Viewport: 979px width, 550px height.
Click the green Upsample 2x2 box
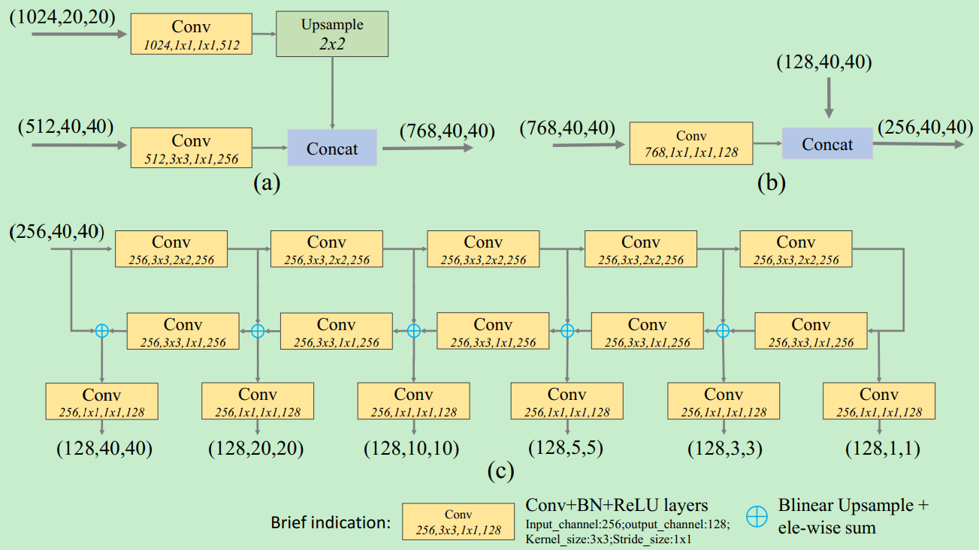tap(332, 35)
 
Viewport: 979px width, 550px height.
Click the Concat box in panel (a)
tap(332, 149)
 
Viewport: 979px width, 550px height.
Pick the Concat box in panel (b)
tap(827, 143)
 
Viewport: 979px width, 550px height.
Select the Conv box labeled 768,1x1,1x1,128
tap(690, 144)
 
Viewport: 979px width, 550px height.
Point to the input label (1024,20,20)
tap(62, 14)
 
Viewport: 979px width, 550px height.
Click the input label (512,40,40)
tap(66, 127)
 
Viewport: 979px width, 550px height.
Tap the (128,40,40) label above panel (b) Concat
tap(823, 63)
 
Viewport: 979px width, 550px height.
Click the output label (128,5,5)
tap(565, 449)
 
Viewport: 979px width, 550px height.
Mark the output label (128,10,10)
tap(412, 449)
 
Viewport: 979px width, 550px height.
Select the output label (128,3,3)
tap(724, 449)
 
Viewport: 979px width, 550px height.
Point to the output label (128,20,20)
tap(255, 449)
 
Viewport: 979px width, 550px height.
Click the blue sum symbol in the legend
tap(757, 515)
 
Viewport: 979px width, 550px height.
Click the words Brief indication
tap(331, 522)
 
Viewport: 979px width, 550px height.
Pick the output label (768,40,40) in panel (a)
tap(448, 131)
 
